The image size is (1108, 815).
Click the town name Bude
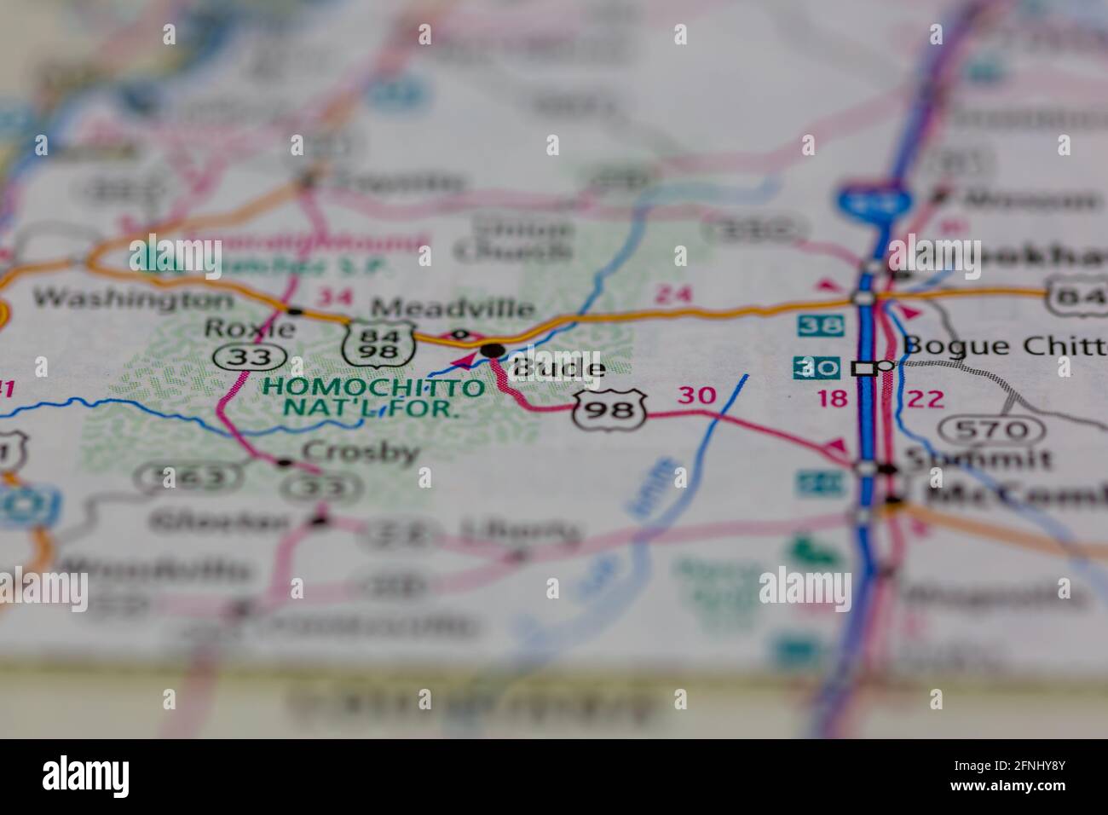click(559, 368)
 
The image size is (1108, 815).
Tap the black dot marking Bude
click(493, 350)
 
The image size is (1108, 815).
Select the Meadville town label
click(453, 308)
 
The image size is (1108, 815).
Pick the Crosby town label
click(361, 451)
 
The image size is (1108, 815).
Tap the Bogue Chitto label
click(1004, 345)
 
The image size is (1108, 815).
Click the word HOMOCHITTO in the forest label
click(372, 387)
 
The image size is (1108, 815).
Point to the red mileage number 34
click(333, 297)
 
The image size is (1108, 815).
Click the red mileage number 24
click(673, 295)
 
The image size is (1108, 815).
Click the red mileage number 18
click(833, 398)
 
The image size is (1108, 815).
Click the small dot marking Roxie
click(295, 310)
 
